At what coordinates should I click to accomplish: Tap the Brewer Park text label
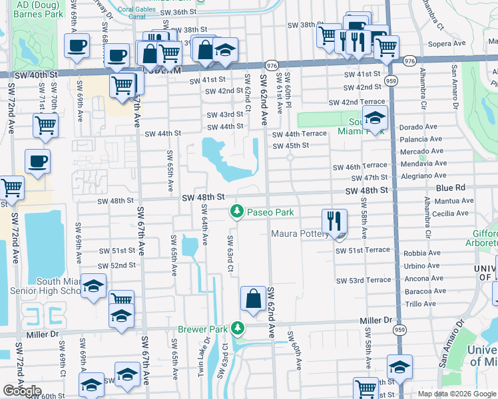click(203, 329)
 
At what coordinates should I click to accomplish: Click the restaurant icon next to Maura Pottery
click(335, 220)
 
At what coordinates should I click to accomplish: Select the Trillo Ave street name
click(420, 304)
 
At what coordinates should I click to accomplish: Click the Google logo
click(22, 390)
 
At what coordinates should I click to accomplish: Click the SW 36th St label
click(171, 12)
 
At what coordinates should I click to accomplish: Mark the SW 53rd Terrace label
click(363, 281)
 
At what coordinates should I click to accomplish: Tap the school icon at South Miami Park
click(375, 119)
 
